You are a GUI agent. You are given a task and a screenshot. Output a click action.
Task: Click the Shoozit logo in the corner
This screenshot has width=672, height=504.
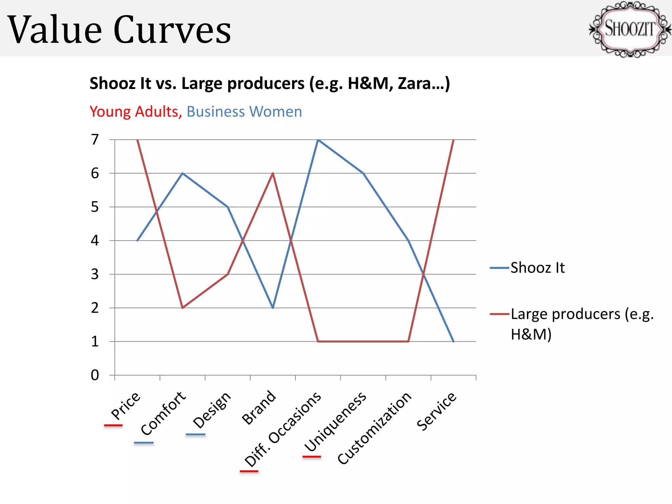[x=629, y=29]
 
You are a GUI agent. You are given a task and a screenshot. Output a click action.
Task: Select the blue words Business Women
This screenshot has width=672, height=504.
[x=244, y=112]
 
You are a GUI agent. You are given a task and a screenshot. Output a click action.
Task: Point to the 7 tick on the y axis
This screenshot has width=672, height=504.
[x=95, y=139]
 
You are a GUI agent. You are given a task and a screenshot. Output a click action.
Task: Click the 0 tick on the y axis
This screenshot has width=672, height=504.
[x=95, y=375]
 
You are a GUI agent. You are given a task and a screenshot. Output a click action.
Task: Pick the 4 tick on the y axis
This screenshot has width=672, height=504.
[x=95, y=241]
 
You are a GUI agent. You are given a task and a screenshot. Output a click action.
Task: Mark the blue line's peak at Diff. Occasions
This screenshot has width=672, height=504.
[x=318, y=140]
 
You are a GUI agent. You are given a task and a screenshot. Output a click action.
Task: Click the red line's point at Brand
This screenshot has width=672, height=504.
[x=273, y=173]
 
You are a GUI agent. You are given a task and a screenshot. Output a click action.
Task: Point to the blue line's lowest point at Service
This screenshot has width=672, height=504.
[x=453, y=342]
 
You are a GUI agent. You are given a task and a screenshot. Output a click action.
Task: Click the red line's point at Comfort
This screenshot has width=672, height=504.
[x=182, y=308]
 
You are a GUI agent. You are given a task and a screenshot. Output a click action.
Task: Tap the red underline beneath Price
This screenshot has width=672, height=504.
[x=113, y=426]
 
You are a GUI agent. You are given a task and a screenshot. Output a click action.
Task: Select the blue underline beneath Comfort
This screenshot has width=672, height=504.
[x=144, y=443]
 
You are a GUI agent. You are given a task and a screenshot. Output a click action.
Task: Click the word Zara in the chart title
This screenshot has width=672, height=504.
[x=414, y=83]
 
